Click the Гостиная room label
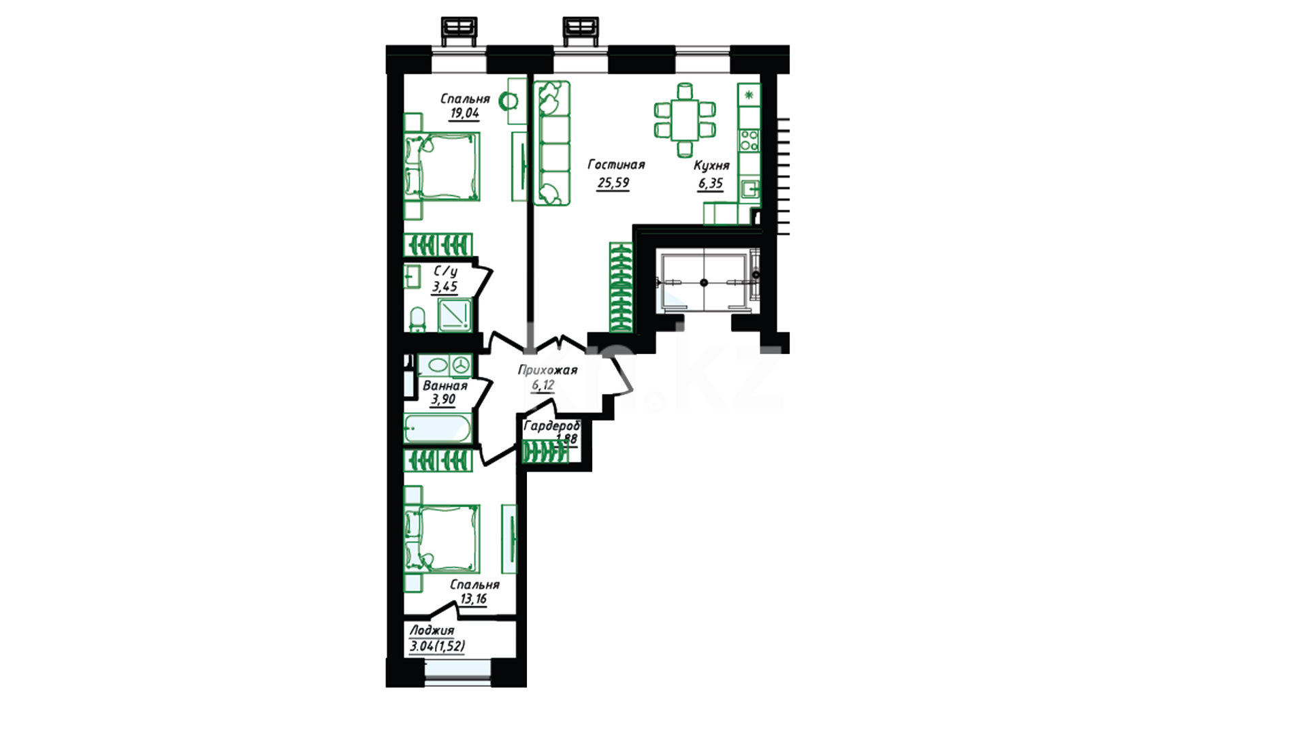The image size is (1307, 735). pos(616,165)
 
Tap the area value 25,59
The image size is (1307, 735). pos(613,183)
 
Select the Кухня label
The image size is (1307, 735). pos(711,165)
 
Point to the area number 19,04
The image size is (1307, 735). pos(464,114)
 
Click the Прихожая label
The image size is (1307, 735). pos(547,370)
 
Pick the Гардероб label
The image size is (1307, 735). pos(551,426)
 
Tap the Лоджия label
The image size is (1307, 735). pos(432,630)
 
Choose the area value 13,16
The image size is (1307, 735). pos(473,599)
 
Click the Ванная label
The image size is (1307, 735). pos(445,386)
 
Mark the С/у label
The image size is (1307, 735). pos(445,272)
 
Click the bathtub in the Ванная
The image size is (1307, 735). pos(437,429)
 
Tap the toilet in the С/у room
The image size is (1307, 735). pos(417,320)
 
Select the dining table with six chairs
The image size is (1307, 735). pos(685,120)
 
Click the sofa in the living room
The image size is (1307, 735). pos(551,143)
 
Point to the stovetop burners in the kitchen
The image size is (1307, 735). pos(749,140)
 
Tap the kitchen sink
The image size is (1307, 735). pos(750,187)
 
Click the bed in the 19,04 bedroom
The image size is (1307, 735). pos(442,167)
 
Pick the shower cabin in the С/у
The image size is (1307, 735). pos(454,315)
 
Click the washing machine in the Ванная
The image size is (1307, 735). pos(461,365)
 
